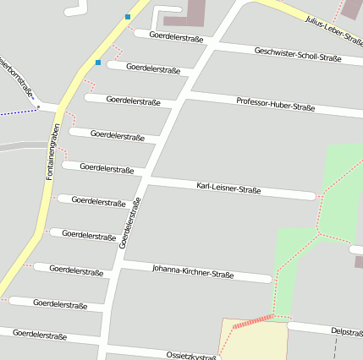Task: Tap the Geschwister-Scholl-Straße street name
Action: click(298, 55)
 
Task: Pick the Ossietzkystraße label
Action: click(192, 355)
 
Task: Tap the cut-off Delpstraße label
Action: click(347, 331)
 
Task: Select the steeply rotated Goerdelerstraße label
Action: click(129, 221)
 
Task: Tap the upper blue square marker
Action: click(128, 16)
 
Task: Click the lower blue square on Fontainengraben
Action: click(98, 62)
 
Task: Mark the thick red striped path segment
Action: click(253, 320)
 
